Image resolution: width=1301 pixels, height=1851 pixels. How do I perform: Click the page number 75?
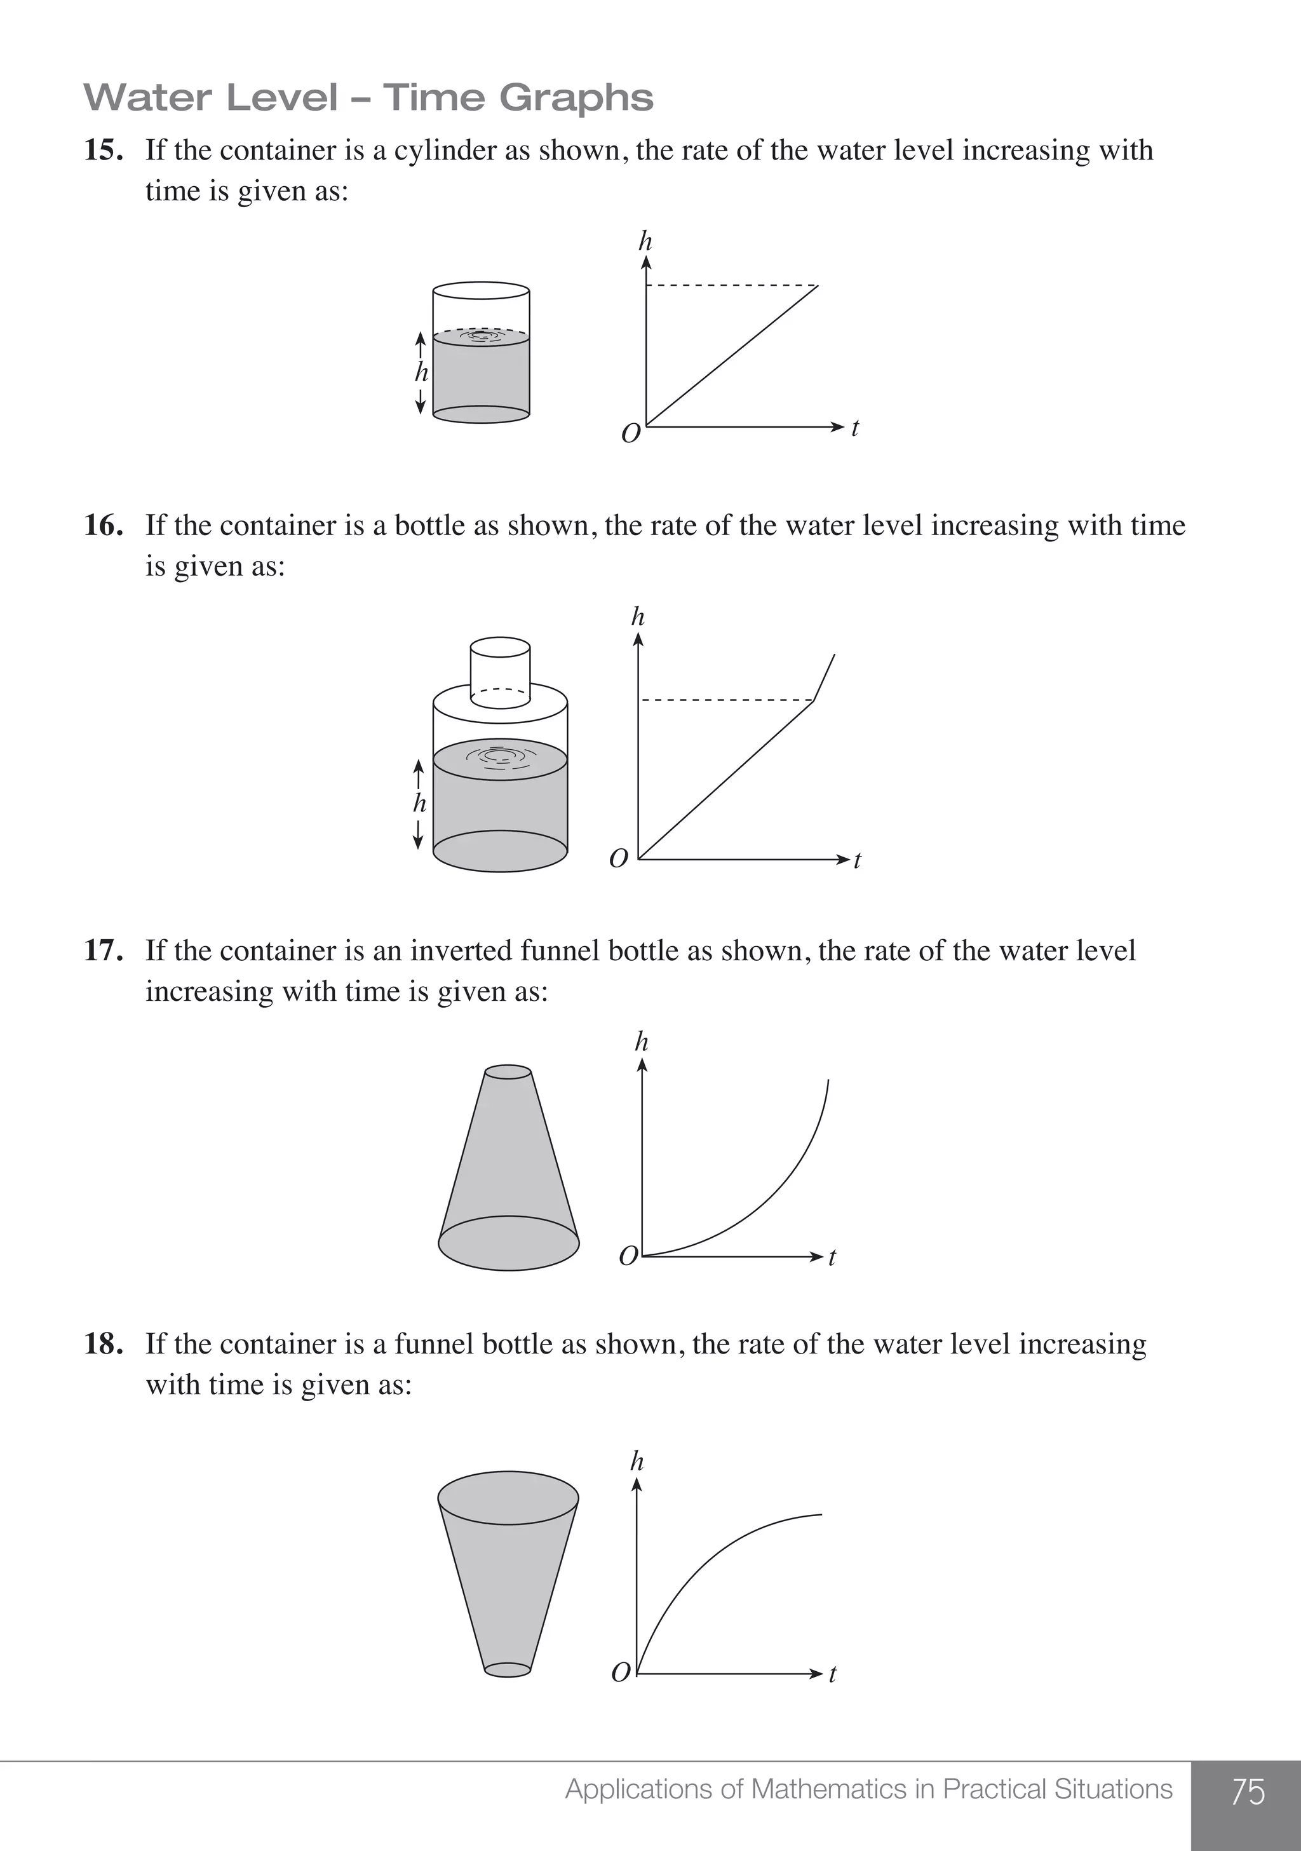1248,1791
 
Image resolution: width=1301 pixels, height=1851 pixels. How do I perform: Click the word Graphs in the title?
576,98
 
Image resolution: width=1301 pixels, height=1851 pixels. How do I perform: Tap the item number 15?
103,151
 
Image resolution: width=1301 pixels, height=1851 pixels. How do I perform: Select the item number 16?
103,525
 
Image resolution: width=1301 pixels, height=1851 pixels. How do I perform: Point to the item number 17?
103,951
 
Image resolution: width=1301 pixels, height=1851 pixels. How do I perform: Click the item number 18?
103,1344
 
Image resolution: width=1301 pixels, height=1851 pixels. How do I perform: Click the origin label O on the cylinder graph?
630,434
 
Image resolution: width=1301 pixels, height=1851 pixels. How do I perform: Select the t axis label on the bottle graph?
857,860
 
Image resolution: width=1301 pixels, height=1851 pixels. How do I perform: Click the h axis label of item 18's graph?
637,1461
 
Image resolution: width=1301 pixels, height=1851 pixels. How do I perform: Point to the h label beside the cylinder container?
421,372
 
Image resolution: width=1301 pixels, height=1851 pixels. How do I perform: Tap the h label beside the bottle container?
419,803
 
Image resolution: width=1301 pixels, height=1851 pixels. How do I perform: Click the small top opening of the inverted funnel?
508,1072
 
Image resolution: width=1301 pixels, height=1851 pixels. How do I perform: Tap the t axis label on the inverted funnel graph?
833,1257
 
